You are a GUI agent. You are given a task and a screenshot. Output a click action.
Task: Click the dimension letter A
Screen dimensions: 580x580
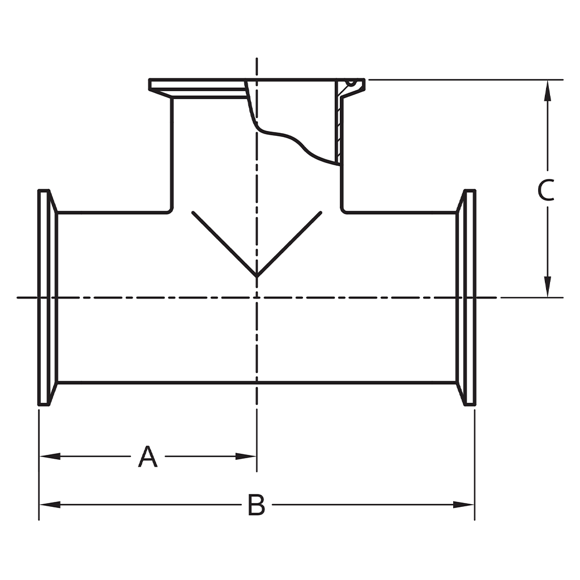click(148, 457)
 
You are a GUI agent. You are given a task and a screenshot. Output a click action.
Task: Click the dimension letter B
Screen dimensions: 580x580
click(256, 505)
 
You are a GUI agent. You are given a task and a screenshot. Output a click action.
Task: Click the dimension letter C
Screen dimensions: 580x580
click(546, 190)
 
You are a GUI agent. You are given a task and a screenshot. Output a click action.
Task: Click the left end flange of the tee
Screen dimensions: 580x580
click(45, 297)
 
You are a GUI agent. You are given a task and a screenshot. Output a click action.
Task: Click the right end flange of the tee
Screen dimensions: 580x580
click(469, 297)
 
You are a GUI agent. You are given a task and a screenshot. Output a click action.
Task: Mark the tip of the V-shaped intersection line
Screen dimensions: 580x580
click(257, 276)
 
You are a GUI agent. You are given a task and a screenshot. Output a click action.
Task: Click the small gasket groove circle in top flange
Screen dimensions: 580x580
click(351, 83)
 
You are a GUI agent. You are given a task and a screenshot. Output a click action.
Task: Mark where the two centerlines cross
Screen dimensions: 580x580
click(257, 297)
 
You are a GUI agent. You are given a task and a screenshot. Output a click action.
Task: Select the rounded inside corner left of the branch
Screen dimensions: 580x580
click(169, 210)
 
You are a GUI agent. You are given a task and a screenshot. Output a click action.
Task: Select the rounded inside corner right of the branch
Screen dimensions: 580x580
click(344, 210)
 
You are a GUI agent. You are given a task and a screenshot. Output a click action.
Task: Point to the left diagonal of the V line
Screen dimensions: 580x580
click(224, 244)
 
